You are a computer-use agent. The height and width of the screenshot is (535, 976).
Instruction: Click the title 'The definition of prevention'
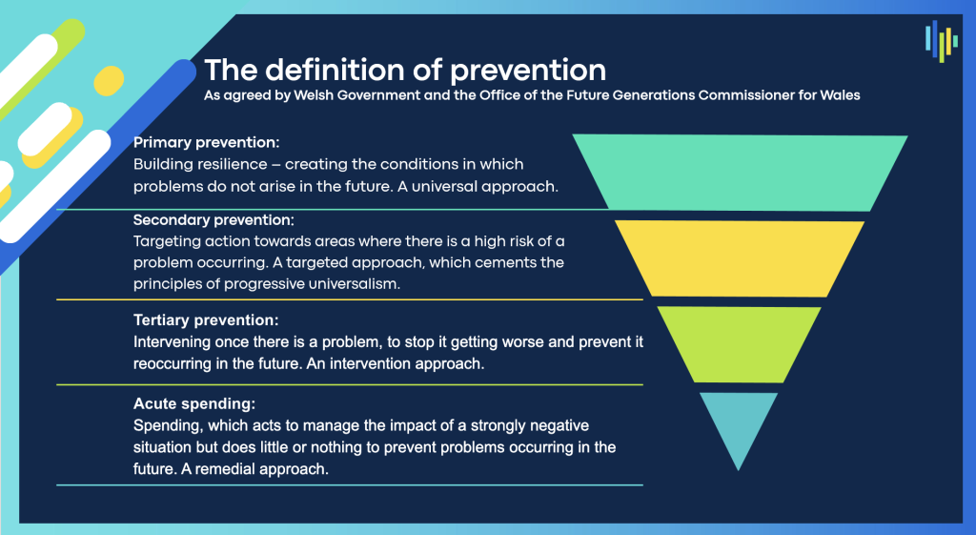click(x=405, y=71)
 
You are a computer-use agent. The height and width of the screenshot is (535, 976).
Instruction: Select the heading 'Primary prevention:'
click(x=207, y=143)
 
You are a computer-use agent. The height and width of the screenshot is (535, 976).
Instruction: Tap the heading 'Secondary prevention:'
click(x=213, y=220)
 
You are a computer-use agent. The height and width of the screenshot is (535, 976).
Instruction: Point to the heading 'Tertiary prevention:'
click(x=206, y=320)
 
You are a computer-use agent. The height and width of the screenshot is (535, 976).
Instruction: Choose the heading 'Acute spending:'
click(x=194, y=403)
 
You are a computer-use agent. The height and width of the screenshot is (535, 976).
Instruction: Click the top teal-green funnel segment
click(x=740, y=173)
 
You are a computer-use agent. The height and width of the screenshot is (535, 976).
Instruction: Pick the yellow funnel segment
click(x=740, y=258)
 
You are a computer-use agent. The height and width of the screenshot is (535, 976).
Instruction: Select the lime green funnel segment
click(x=740, y=344)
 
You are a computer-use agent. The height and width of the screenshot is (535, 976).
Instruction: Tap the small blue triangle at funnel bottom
click(x=739, y=423)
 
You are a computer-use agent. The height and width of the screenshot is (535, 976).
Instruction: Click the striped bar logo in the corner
click(x=941, y=41)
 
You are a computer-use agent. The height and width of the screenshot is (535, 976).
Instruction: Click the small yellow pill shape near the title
click(x=109, y=81)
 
